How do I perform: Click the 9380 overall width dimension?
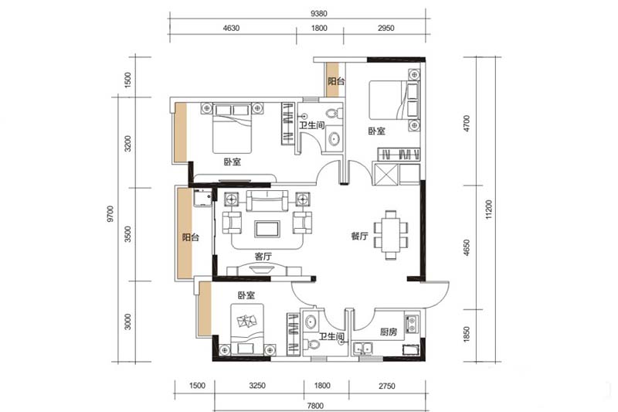[x=318, y=13]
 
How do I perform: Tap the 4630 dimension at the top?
[x=231, y=28]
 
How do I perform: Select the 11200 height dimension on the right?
[x=489, y=209]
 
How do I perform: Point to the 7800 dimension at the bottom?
[x=315, y=406]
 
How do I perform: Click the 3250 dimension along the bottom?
[x=257, y=386]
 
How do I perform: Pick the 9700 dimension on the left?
[x=110, y=213]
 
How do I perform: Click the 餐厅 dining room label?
[x=359, y=236]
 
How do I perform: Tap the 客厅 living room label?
[x=263, y=257]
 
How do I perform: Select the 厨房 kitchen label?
[x=389, y=332]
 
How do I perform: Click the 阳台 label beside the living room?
[x=191, y=237]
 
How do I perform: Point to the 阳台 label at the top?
[x=336, y=81]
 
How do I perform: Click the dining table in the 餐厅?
[x=391, y=235]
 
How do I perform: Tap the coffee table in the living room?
[x=267, y=229]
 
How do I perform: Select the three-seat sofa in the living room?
[x=267, y=201]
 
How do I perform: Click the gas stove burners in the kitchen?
[x=412, y=323]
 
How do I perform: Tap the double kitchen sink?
[x=363, y=348]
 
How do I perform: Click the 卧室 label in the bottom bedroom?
[x=246, y=295]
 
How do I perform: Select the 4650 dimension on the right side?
[x=467, y=247]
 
